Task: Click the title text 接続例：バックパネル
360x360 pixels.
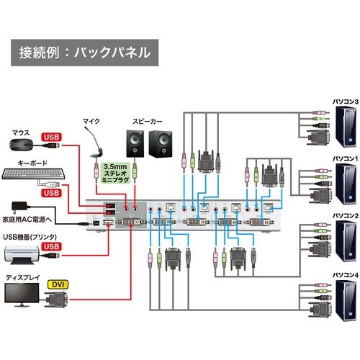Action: (85, 52)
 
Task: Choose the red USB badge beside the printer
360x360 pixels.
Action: (53, 248)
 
